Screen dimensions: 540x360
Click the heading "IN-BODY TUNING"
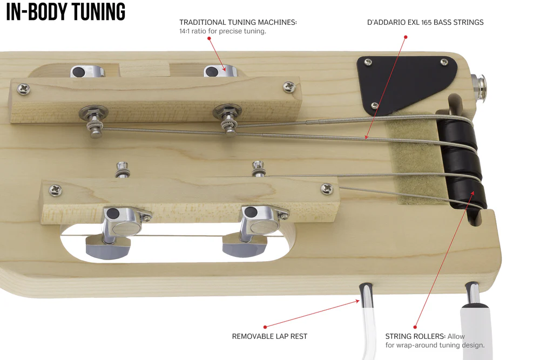65,11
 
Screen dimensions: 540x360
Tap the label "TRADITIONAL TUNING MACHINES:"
238,22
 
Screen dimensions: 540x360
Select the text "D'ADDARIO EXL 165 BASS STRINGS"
426,22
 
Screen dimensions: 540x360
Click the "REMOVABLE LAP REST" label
269,336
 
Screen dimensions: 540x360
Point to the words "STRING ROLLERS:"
415,336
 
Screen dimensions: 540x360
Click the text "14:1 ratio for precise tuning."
222,31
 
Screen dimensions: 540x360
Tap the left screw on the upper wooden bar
23,89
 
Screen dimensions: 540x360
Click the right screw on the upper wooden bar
289,87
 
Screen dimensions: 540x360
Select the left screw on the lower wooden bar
55,189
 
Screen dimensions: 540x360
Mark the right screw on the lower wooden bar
327,188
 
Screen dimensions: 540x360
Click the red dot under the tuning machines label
209,38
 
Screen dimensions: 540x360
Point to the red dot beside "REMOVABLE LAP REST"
265,327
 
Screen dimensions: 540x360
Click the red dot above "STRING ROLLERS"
415,327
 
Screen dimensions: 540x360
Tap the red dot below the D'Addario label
406,37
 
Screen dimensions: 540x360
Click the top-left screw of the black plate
368,62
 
